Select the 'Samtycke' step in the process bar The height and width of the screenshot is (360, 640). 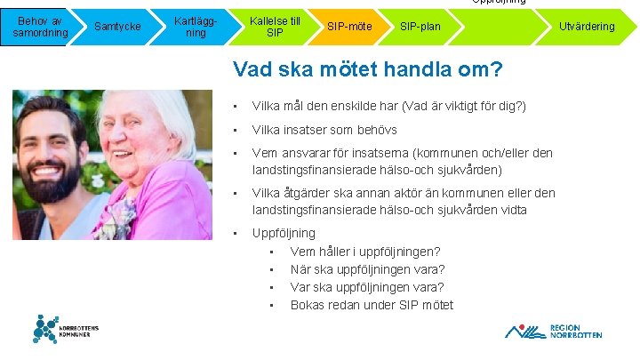click(x=117, y=27)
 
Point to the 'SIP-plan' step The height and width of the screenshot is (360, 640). click(x=420, y=27)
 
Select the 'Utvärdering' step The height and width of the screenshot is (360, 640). click(x=586, y=27)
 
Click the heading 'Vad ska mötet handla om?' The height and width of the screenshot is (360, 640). click(x=367, y=69)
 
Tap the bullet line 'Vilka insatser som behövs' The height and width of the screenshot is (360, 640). click(x=324, y=130)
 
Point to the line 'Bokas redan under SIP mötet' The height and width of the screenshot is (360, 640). click(x=372, y=305)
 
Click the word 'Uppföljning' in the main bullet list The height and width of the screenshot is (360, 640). click(x=284, y=233)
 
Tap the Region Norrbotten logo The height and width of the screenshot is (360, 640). click(x=554, y=331)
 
